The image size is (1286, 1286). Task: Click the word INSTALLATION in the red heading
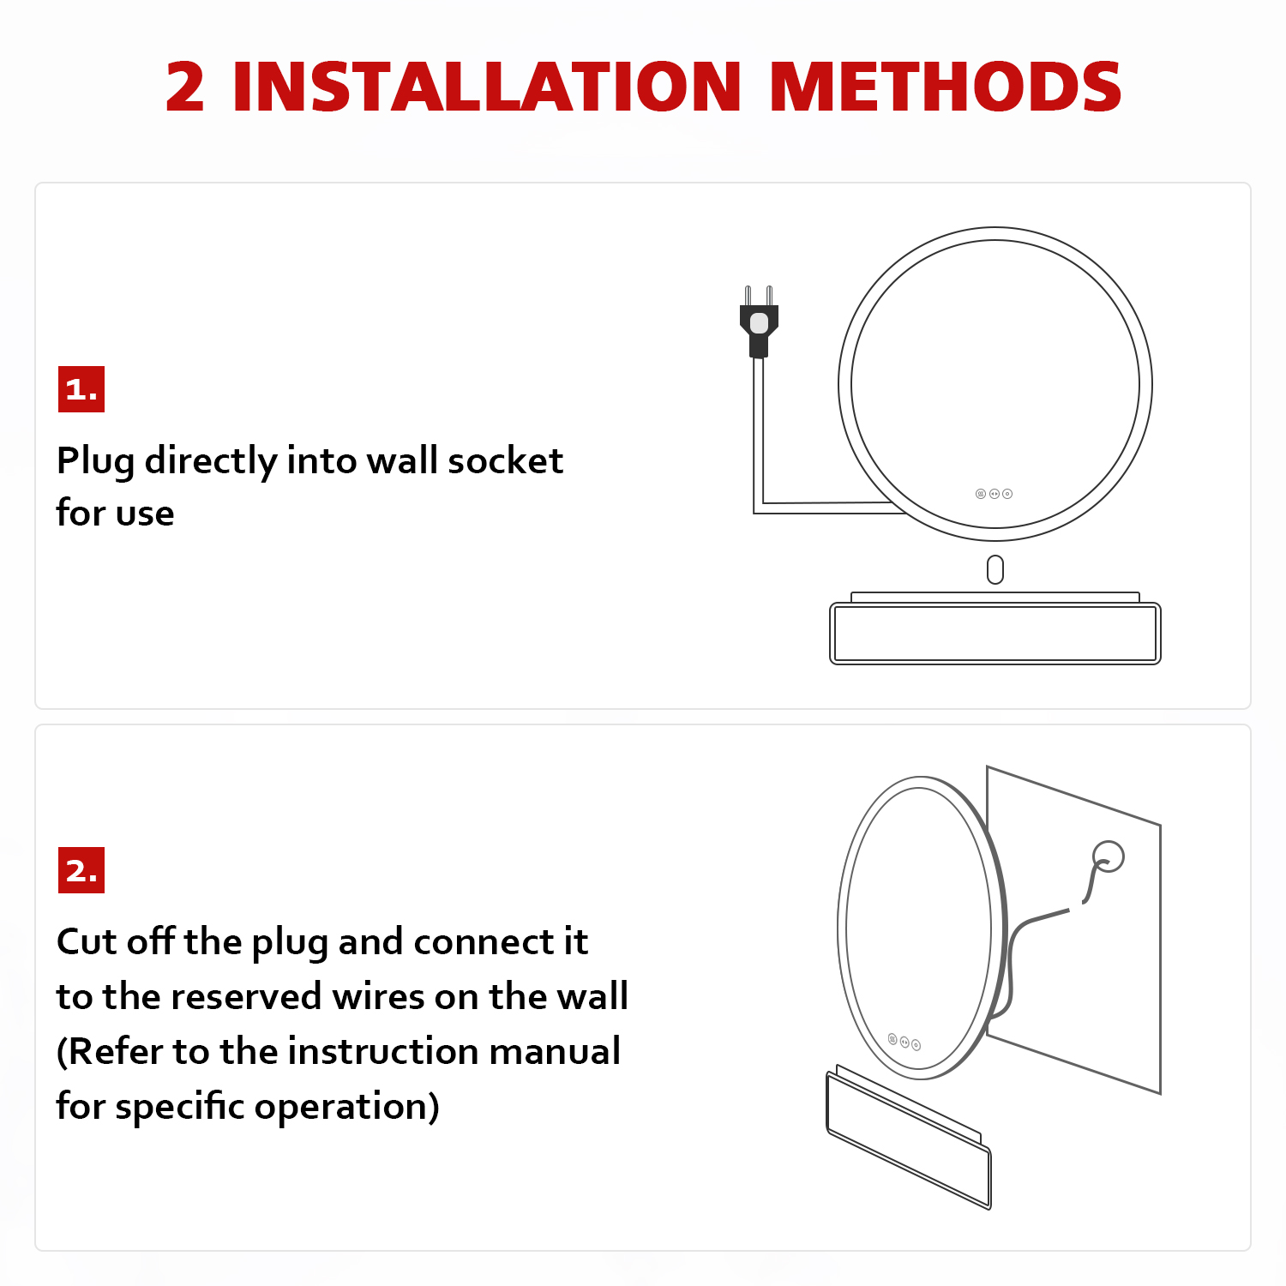click(486, 87)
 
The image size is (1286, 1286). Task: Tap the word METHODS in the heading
click(946, 87)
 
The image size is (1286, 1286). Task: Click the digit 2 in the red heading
click(185, 87)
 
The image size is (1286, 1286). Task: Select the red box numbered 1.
click(81, 389)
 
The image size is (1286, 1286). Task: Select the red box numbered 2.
click(81, 870)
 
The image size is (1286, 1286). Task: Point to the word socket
click(506, 461)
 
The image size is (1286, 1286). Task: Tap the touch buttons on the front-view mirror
click(994, 494)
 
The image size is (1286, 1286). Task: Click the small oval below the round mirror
click(995, 569)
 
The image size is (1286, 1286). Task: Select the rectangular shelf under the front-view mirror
click(995, 628)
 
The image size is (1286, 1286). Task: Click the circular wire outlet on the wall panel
click(1109, 856)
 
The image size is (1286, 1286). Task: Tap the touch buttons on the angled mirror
click(904, 1042)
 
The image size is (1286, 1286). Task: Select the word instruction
click(369, 1051)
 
